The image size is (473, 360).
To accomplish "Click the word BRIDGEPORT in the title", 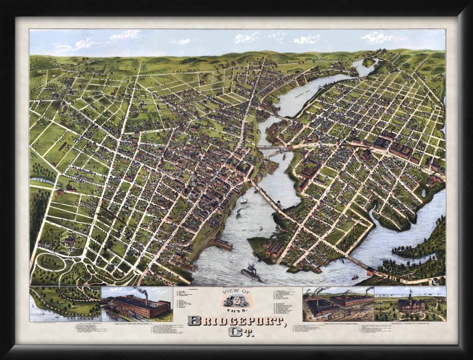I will pyautogui.click(x=236, y=320).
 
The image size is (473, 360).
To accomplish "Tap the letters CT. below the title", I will pyautogui.click(x=236, y=332).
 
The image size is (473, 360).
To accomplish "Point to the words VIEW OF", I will pyautogui.click(x=236, y=293).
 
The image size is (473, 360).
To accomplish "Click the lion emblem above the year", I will pyautogui.click(x=236, y=301).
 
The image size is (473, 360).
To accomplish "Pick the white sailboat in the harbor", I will pyautogui.click(x=243, y=200).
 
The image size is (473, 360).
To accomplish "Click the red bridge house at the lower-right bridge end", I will pyautogui.click(x=370, y=271).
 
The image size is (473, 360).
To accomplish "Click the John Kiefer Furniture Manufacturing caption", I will pyautogui.click(x=137, y=323).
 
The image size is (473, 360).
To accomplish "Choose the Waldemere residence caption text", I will pyautogui.click(x=411, y=323).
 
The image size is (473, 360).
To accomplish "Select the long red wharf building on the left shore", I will pyautogui.click(x=221, y=244).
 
